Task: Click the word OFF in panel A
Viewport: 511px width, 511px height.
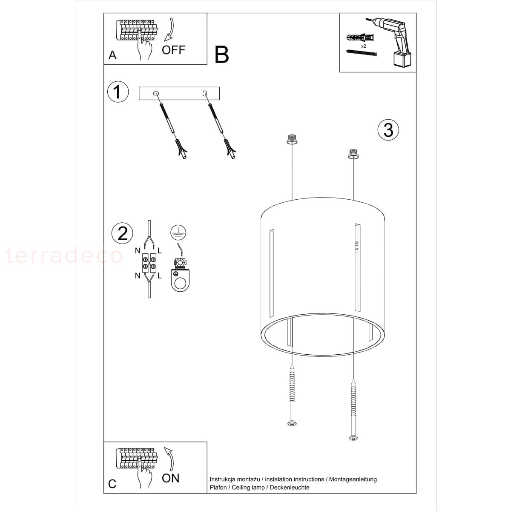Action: (173, 50)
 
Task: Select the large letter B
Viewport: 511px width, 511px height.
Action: (221, 55)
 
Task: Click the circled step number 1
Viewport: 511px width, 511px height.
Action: (118, 92)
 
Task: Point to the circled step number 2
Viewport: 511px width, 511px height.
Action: (122, 233)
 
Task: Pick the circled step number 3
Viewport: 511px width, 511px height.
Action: (388, 130)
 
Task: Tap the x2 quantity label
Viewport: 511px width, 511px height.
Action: (364, 46)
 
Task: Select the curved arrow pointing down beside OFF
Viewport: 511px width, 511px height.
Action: (169, 29)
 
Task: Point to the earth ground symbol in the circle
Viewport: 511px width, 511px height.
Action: (178, 233)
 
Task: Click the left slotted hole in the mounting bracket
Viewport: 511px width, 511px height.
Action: (156, 93)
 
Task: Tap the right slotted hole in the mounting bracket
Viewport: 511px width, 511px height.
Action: (204, 93)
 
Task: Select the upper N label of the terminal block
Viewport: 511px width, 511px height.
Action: (138, 250)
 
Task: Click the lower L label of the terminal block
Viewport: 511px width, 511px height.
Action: (159, 276)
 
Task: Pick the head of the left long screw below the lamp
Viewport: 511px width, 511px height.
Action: (292, 424)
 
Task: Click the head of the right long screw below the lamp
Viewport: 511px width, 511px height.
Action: (353, 439)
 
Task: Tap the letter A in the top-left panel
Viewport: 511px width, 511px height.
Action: (112, 55)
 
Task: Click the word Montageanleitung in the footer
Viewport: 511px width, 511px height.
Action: (353, 479)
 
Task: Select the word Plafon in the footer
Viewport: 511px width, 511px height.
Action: (218, 488)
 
